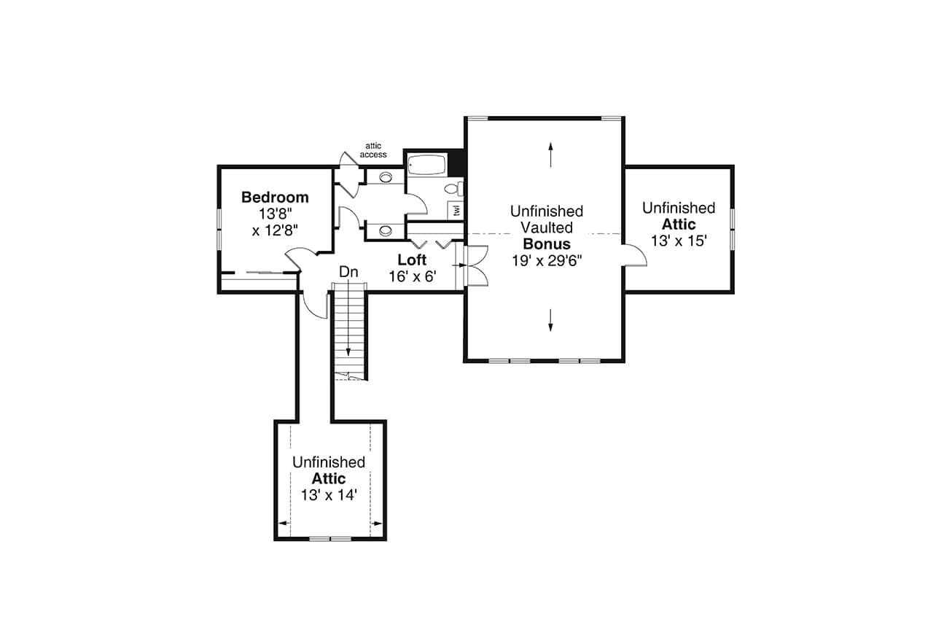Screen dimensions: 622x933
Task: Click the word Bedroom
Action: click(x=275, y=198)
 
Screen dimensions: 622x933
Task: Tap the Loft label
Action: click(x=412, y=260)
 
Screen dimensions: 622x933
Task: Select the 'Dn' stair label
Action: click(x=349, y=272)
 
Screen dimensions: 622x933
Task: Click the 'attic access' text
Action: click(x=373, y=150)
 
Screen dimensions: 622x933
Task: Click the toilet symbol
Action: click(x=452, y=190)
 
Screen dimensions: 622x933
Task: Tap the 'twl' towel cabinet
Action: click(x=457, y=210)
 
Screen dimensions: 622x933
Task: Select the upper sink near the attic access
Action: click(x=385, y=176)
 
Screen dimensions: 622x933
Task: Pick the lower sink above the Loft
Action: click(x=385, y=230)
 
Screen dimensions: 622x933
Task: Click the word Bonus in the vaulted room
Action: click(x=547, y=244)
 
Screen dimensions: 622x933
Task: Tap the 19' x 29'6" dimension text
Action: click(x=547, y=260)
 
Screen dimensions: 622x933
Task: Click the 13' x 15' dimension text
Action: click(x=679, y=241)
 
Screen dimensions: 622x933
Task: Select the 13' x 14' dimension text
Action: click(x=329, y=495)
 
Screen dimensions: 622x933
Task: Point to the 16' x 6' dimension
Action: click(x=412, y=276)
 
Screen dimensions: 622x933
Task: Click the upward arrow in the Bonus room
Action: click(x=550, y=155)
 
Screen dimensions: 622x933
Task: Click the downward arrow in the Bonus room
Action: click(x=550, y=319)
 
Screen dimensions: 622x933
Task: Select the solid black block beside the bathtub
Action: click(x=456, y=162)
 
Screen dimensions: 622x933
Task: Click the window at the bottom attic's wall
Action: click(x=329, y=539)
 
